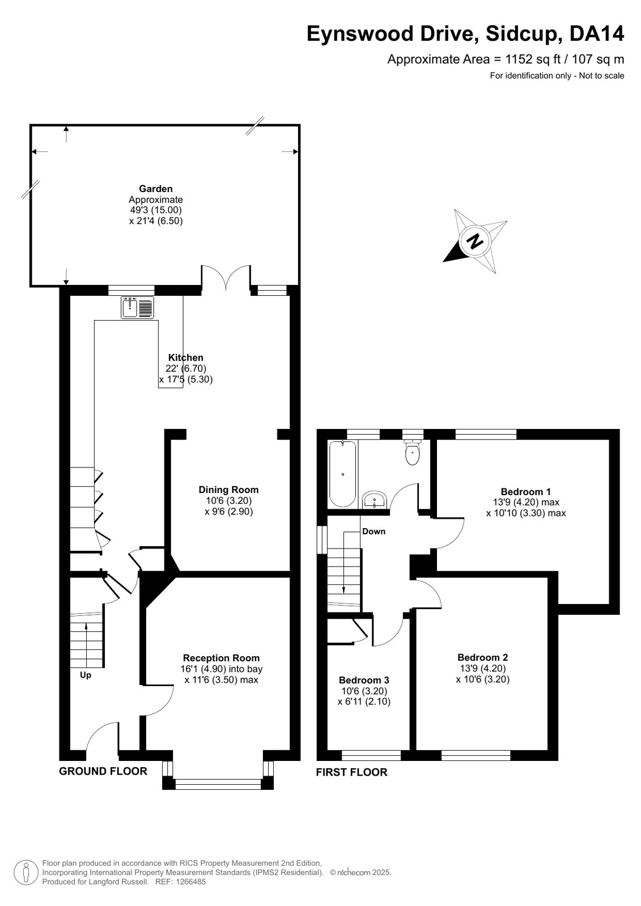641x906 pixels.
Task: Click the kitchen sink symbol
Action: [x=137, y=307]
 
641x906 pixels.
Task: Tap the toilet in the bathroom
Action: [x=412, y=453]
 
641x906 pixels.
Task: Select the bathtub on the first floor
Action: [x=343, y=474]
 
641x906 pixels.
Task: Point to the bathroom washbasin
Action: [x=375, y=500]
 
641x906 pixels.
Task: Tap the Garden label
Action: [x=156, y=189]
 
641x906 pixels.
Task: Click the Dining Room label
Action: [x=228, y=490]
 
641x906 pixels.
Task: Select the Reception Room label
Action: [x=222, y=658]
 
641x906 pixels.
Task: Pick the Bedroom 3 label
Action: [x=364, y=680]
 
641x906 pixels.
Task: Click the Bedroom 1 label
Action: [x=526, y=491]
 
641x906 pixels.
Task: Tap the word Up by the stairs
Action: [x=86, y=675]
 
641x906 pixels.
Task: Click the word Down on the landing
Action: [x=373, y=531]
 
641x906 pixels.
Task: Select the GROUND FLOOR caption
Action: [x=103, y=771]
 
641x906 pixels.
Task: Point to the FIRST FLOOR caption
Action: [x=351, y=772]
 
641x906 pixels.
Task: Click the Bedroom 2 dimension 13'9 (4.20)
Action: [x=482, y=668]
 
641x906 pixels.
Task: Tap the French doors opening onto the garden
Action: [x=226, y=277]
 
